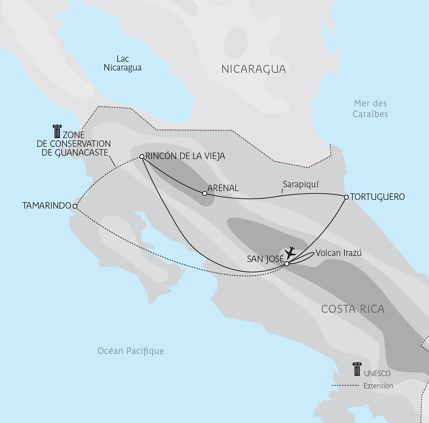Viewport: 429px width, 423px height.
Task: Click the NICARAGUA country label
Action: tap(254, 69)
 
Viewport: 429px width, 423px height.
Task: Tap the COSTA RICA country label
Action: tap(352, 309)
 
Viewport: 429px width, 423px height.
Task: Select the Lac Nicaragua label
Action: tap(123, 63)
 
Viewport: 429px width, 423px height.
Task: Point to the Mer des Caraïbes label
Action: tap(370, 109)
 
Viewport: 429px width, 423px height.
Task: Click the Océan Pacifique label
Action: tap(131, 351)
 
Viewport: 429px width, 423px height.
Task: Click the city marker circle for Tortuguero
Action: tap(346, 197)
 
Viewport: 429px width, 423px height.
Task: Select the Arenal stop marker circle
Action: tap(204, 193)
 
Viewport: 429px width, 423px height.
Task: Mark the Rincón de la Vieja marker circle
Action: tap(142, 156)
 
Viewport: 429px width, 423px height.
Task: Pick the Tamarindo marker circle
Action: tap(75, 206)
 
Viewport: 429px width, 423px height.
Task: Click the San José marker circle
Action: tap(287, 263)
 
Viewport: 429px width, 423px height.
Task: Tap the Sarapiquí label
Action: tap(301, 185)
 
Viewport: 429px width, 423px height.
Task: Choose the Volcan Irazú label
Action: tap(338, 253)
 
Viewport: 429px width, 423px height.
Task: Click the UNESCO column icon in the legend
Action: tap(357, 370)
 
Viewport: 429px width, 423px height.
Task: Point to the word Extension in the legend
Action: tap(378, 386)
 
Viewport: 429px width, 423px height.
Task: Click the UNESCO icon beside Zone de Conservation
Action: tap(57, 131)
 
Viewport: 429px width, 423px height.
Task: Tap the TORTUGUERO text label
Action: tap(377, 197)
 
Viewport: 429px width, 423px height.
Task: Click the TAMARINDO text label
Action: tap(47, 206)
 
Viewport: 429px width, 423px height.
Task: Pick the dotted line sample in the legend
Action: tap(345, 386)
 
